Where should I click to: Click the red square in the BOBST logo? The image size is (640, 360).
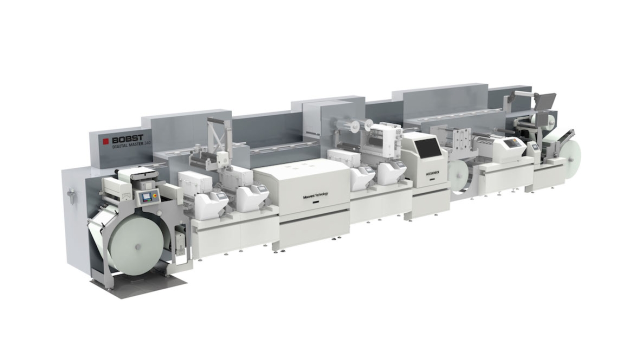point(106,141)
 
